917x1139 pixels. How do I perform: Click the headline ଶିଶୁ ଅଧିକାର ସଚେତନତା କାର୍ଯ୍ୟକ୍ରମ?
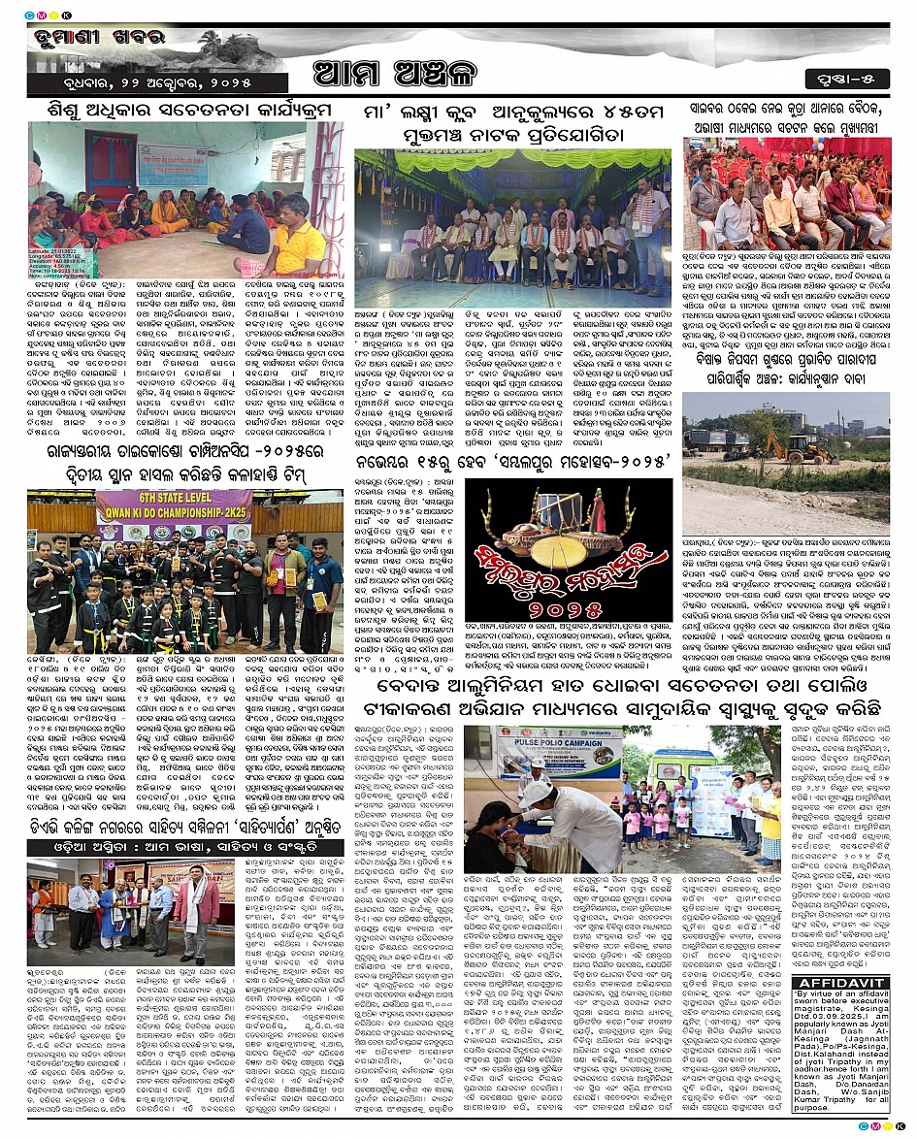[x=184, y=111]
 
